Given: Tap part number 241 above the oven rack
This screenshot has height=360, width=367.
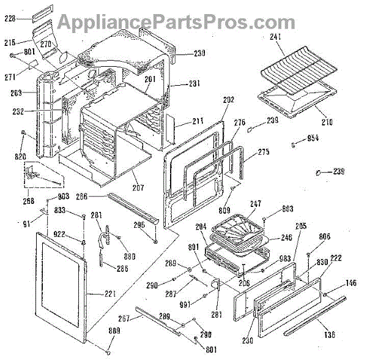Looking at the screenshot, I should [276, 37].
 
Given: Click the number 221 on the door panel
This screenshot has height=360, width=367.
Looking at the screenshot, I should [109, 294].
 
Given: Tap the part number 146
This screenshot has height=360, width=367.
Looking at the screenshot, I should [350, 283].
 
